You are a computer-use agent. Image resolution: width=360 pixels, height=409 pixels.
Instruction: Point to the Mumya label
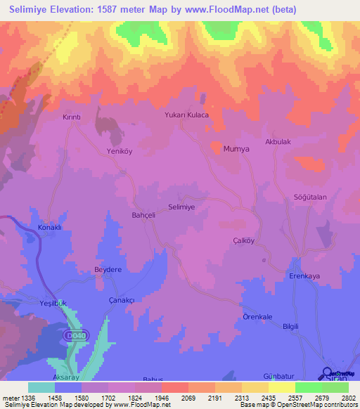pos(236,149)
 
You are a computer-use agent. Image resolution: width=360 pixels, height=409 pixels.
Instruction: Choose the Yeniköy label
pos(119,151)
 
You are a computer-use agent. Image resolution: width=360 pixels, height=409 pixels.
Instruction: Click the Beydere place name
pos(108,269)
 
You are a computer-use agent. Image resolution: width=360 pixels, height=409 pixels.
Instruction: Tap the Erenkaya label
pos(304,276)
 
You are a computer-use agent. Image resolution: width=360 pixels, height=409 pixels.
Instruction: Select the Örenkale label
pos(257,317)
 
